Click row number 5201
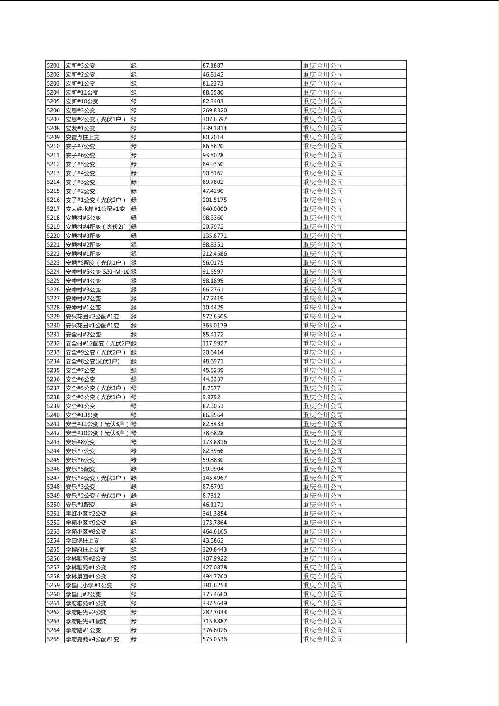click(53, 65)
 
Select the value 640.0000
click(215, 209)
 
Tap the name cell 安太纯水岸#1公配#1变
click(96, 209)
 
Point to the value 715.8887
click(215, 621)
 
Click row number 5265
click(53, 639)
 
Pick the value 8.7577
click(211, 388)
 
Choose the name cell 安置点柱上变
click(83, 137)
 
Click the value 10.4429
click(213, 307)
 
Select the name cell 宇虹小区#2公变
click(86, 514)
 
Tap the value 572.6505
click(215, 316)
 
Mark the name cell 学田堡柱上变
click(83, 540)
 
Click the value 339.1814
click(215, 128)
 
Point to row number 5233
click(53, 352)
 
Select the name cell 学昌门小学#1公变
click(89, 585)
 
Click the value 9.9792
click(211, 397)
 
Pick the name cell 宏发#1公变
click(81, 128)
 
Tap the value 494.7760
click(215, 576)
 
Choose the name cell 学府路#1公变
click(83, 630)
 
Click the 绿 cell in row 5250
click(134, 505)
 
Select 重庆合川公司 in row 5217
click(323, 209)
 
